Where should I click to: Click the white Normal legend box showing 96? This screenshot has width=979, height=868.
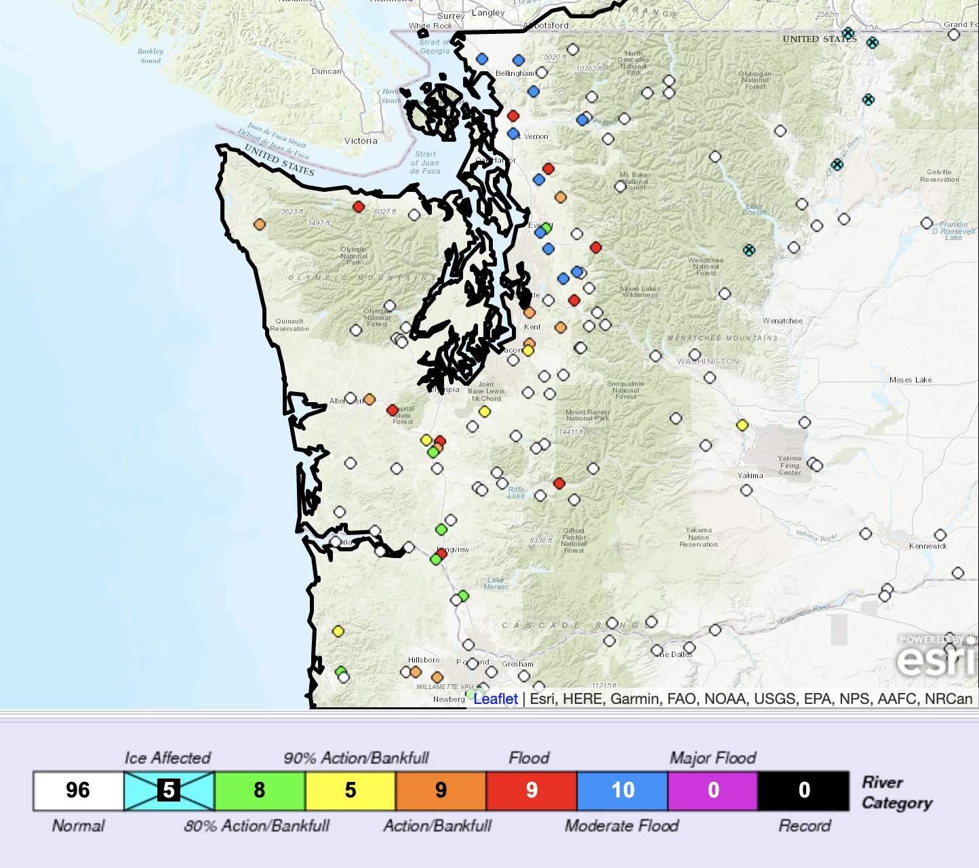[x=78, y=791]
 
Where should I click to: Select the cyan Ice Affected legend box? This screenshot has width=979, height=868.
[x=169, y=791]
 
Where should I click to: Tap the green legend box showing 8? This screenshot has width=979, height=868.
[x=260, y=791]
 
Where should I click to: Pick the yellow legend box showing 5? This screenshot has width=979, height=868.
[x=351, y=791]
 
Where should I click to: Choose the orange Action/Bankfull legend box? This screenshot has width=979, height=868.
[x=441, y=791]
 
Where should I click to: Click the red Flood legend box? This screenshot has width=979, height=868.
[x=532, y=791]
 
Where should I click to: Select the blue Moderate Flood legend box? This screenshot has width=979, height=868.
[x=622, y=791]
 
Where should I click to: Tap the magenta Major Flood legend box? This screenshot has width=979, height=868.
[x=713, y=791]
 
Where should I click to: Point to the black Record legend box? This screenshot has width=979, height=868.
[x=804, y=791]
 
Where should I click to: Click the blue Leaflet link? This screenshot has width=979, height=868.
[x=496, y=699]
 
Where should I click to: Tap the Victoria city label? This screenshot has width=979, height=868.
[x=361, y=141]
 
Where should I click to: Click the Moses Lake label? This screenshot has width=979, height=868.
[x=911, y=380]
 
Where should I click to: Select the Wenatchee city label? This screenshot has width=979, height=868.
[x=782, y=321]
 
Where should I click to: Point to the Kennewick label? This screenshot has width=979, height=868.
[x=928, y=546]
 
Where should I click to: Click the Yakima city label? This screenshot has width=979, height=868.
[x=751, y=475]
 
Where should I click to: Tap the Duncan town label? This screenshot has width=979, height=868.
[x=327, y=71]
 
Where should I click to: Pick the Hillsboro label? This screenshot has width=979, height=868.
[x=424, y=660]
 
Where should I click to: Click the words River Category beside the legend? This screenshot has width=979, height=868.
[x=896, y=793]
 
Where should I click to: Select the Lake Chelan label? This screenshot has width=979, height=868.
[x=755, y=210]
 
